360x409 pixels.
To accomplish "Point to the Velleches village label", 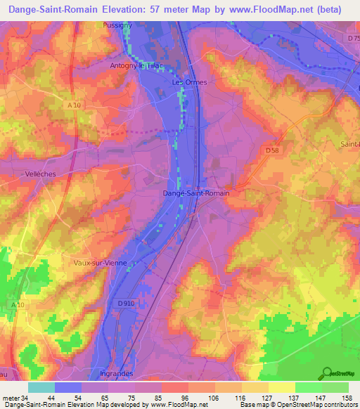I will pos(20,172).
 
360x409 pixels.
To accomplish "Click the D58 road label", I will pos(272,150).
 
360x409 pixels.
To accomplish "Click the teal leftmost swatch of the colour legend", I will pos(41,387).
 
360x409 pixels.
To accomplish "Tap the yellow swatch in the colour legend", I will pos(281,387).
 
